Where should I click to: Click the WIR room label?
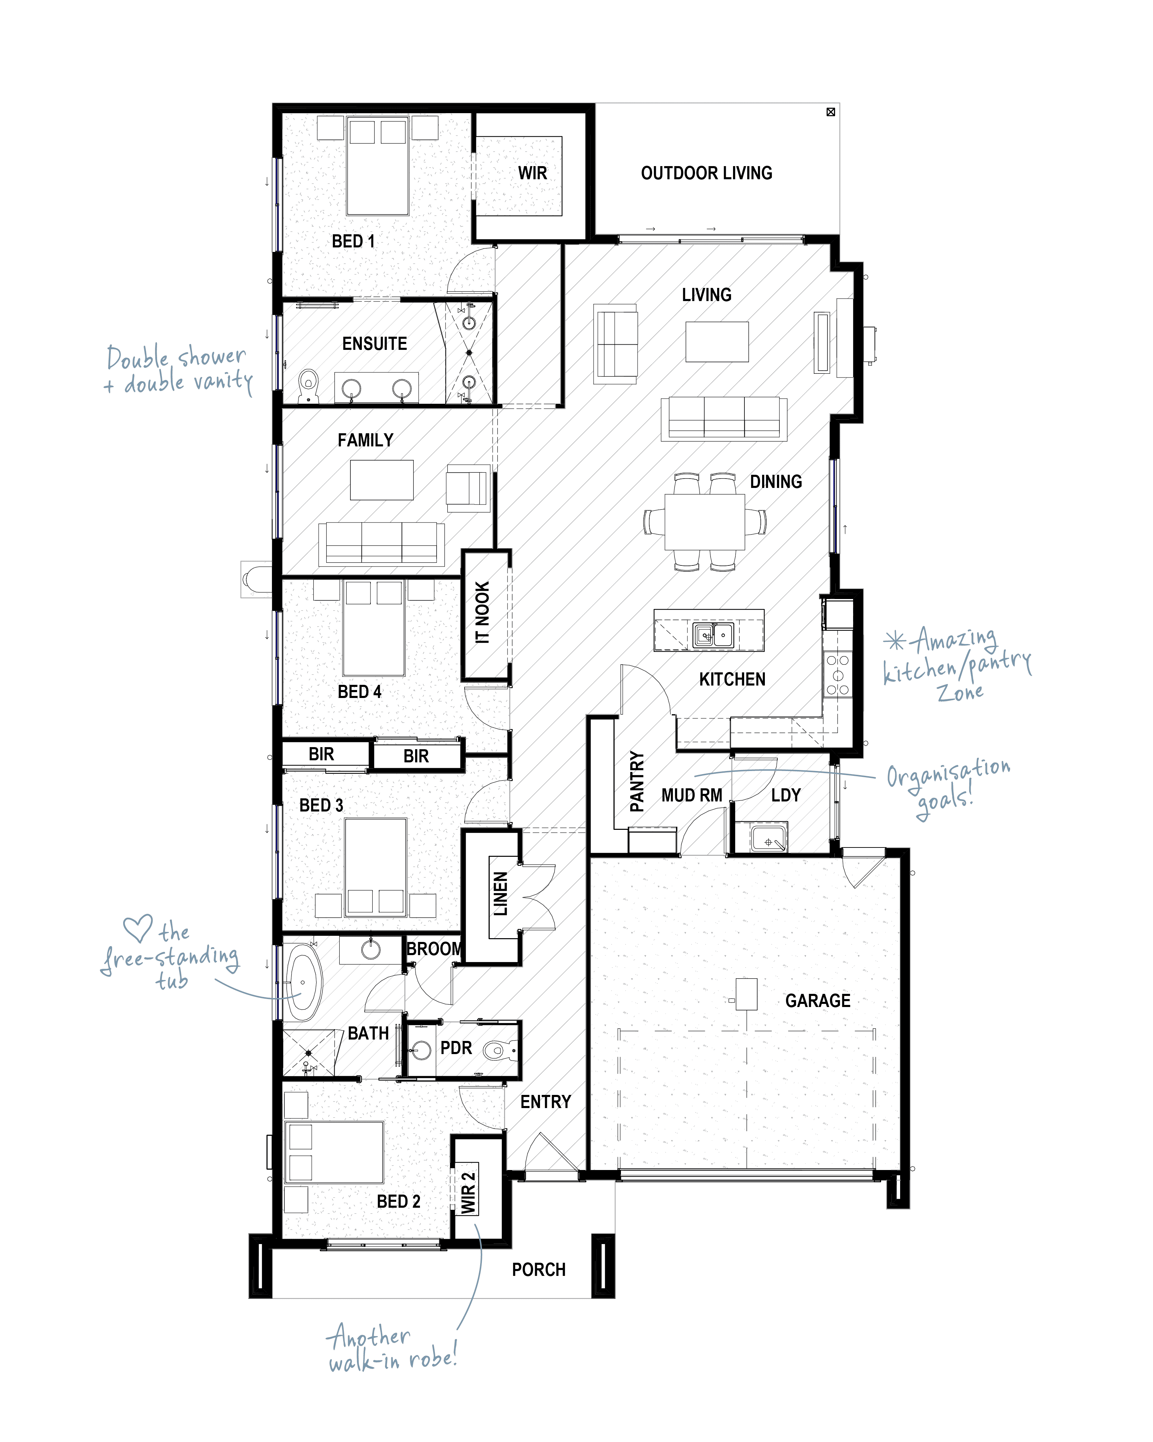532,173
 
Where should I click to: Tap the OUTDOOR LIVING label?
706,173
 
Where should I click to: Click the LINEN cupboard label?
500,894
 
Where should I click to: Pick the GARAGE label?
817,1000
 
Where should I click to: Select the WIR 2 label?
468,1192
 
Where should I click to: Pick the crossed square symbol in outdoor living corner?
831,112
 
